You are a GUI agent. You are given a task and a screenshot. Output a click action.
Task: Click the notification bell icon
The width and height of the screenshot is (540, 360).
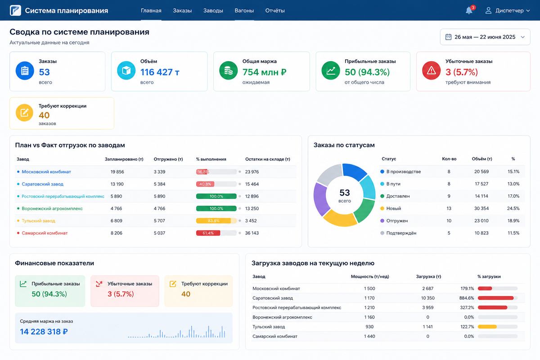click(x=469, y=10)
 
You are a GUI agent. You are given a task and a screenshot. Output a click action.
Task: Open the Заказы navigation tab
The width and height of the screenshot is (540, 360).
click(x=182, y=11)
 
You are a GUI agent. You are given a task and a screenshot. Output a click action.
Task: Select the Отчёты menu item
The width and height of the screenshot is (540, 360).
click(x=275, y=11)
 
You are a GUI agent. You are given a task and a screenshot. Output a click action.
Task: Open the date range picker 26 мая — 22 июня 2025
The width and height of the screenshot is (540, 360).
click(x=485, y=37)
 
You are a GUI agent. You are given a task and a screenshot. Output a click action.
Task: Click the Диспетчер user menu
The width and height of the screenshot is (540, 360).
click(x=508, y=11)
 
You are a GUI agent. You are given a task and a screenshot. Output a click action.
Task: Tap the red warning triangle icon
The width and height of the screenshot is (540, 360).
click(x=431, y=71)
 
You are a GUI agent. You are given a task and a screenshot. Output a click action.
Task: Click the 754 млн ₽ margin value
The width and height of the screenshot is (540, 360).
click(x=264, y=72)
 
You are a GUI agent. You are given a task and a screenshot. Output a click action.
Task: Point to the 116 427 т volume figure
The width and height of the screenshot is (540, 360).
click(x=160, y=72)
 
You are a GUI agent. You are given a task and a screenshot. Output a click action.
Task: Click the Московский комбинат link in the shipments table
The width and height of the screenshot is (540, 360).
click(x=46, y=172)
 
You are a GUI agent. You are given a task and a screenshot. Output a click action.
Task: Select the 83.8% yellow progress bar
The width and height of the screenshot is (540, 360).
click(x=216, y=220)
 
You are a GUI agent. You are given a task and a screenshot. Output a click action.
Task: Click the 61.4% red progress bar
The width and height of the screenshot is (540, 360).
click(x=216, y=233)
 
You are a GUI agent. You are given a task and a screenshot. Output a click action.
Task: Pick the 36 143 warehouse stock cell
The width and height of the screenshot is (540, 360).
click(x=252, y=233)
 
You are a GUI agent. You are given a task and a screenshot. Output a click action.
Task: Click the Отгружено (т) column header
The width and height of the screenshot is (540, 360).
click(x=168, y=159)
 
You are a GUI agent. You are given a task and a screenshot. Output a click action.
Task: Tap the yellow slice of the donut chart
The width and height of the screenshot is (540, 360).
click(x=340, y=218)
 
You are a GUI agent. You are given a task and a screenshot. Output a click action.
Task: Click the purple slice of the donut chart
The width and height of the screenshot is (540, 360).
click(x=321, y=199)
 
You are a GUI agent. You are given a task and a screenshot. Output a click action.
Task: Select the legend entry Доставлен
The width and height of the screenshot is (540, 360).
click(x=398, y=196)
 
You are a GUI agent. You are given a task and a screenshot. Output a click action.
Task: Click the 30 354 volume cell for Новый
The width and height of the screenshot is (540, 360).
click(x=481, y=208)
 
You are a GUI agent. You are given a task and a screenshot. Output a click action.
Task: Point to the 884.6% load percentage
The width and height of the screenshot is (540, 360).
click(x=467, y=298)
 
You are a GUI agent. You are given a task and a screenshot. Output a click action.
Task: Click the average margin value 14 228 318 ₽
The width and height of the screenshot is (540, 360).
click(x=44, y=332)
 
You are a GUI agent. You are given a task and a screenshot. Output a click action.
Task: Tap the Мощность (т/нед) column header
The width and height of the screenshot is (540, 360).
click(x=370, y=277)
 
